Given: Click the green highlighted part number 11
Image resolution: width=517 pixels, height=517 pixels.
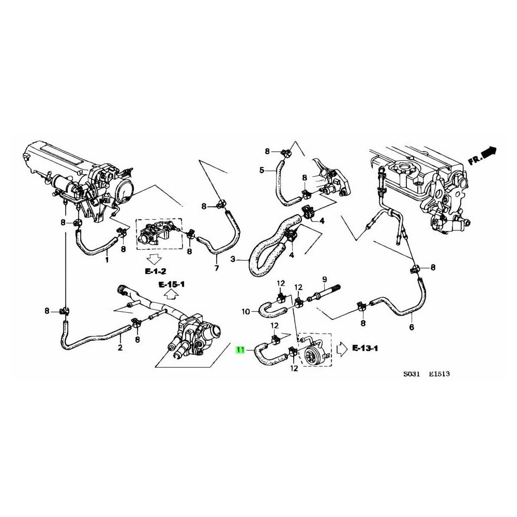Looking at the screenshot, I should (x=240, y=350).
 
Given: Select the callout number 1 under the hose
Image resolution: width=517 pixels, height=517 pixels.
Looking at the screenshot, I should (x=107, y=260).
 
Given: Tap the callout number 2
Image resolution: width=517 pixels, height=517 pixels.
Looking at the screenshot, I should (x=120, y=347).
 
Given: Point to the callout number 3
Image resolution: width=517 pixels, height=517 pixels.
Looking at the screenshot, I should (x=233, y=259).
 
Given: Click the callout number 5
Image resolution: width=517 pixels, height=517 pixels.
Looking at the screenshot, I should (x=262, y=170).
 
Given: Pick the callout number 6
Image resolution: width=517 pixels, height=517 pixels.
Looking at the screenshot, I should (x=412, y=327).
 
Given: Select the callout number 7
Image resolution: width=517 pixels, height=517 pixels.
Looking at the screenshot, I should (x=217, y=268).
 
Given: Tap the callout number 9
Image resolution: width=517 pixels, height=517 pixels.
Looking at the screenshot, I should (x=324, y=280).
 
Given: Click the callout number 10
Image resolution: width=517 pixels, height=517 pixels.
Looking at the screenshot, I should (x=246, y=311).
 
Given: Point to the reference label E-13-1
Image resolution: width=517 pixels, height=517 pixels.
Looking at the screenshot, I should (x=366, y=348).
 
